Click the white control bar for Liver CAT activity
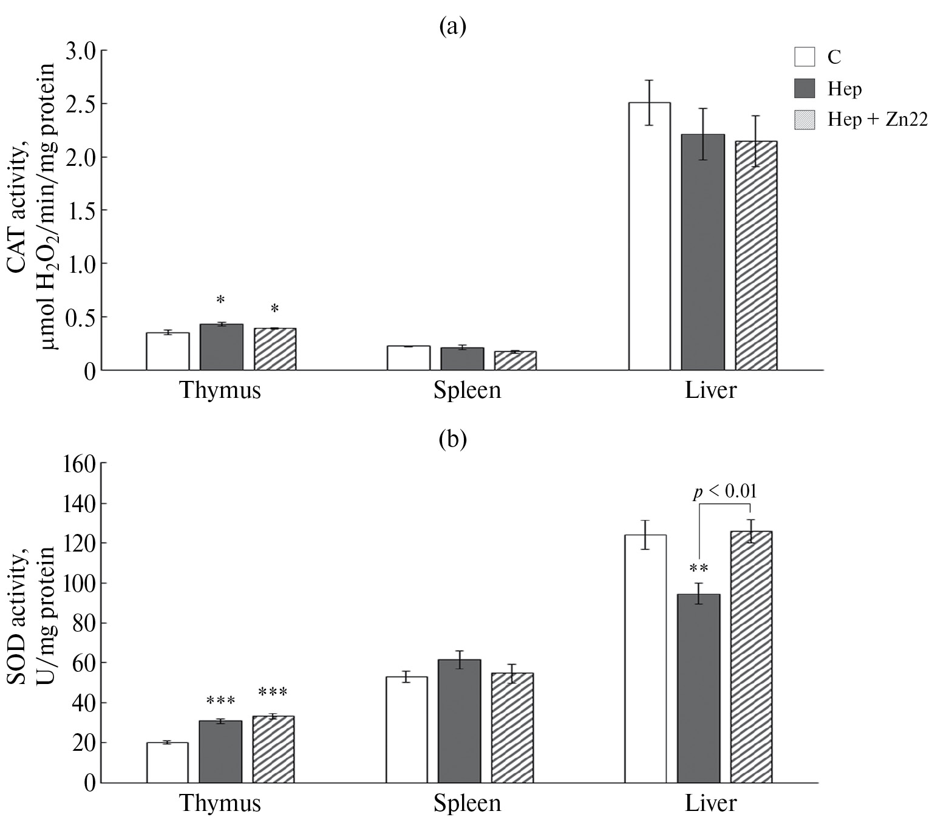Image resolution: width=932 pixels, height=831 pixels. click(649, 236)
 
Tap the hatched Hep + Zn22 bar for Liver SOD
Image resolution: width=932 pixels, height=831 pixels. click(751, 657)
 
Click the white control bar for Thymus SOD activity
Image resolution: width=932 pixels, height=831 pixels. click(167, 762)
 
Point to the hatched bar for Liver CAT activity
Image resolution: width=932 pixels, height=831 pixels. click(756, 256)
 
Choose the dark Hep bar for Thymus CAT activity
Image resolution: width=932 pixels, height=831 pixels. click(222, 347)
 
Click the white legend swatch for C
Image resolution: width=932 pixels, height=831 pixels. click(804, 56)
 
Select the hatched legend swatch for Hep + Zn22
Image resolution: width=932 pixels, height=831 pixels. click(804, 119)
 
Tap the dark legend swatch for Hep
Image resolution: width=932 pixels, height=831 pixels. click(804, 88)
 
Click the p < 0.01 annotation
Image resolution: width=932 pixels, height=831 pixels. click(725, 491)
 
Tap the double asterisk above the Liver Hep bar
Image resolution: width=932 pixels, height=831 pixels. click(699, 569)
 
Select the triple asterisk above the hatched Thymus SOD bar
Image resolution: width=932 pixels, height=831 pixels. click(273, 692)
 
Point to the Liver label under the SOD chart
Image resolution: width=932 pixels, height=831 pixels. click(710, 804)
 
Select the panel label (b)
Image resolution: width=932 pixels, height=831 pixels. click(453, 439)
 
